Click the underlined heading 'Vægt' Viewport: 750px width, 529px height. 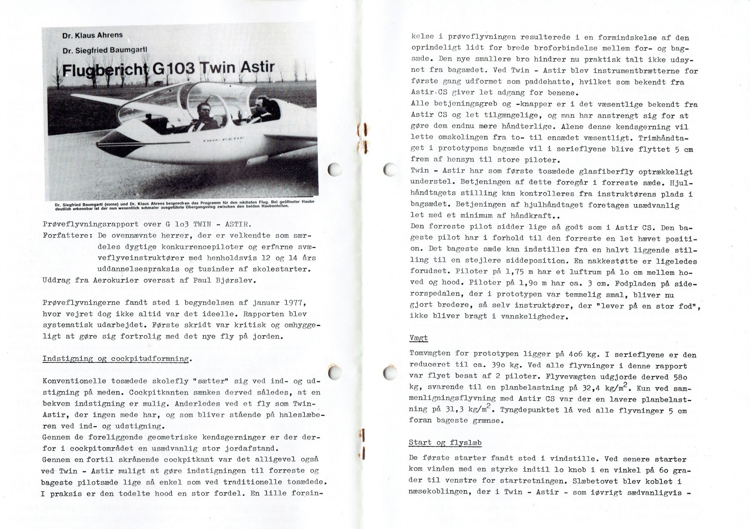coord(418,339)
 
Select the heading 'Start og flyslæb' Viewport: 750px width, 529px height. coord(445,442)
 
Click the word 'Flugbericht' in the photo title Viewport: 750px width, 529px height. coord(103,69)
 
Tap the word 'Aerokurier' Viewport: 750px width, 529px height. coord(115,280)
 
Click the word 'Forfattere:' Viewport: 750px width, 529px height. coord(68,236)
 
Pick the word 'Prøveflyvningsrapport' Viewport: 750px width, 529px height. coord(91,224)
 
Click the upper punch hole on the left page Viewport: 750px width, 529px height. coord(335,169)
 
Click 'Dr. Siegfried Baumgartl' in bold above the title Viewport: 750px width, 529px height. coord(105,50)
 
